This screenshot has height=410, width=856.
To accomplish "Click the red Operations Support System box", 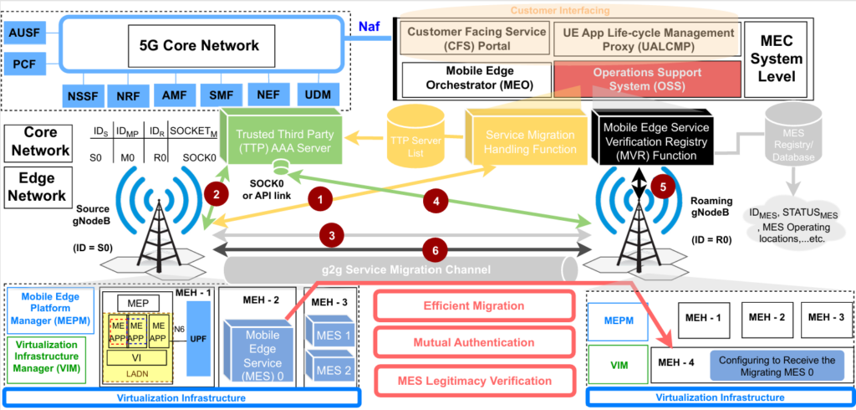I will click(x=647, y=79).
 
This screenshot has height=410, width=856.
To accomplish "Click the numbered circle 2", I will click(x=217, y=194).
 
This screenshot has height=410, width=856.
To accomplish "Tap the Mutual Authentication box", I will click(x=474, y=342).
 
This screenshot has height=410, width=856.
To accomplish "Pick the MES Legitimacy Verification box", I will click(x=474, y=381).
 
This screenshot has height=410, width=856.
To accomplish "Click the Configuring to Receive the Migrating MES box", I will click(x=777, y=366).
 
